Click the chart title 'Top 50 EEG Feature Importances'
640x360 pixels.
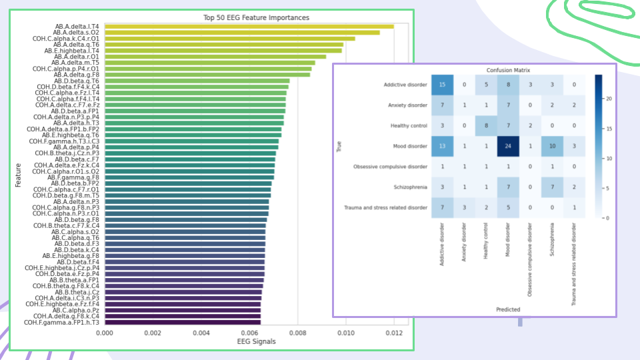pos(255,17)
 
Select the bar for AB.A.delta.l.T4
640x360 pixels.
pos(249,27)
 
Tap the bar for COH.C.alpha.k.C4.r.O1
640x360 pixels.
pos(230,39)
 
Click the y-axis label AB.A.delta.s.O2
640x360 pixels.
pos(77,33)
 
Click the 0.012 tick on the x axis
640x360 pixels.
pos(393,332)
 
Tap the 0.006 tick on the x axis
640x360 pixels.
pos(249,332)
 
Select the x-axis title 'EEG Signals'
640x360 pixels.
pos(255,341)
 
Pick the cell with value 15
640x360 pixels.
pos(441,85)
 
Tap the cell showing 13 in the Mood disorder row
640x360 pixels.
pos(441,146)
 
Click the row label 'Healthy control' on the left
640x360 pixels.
pos(406,125)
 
